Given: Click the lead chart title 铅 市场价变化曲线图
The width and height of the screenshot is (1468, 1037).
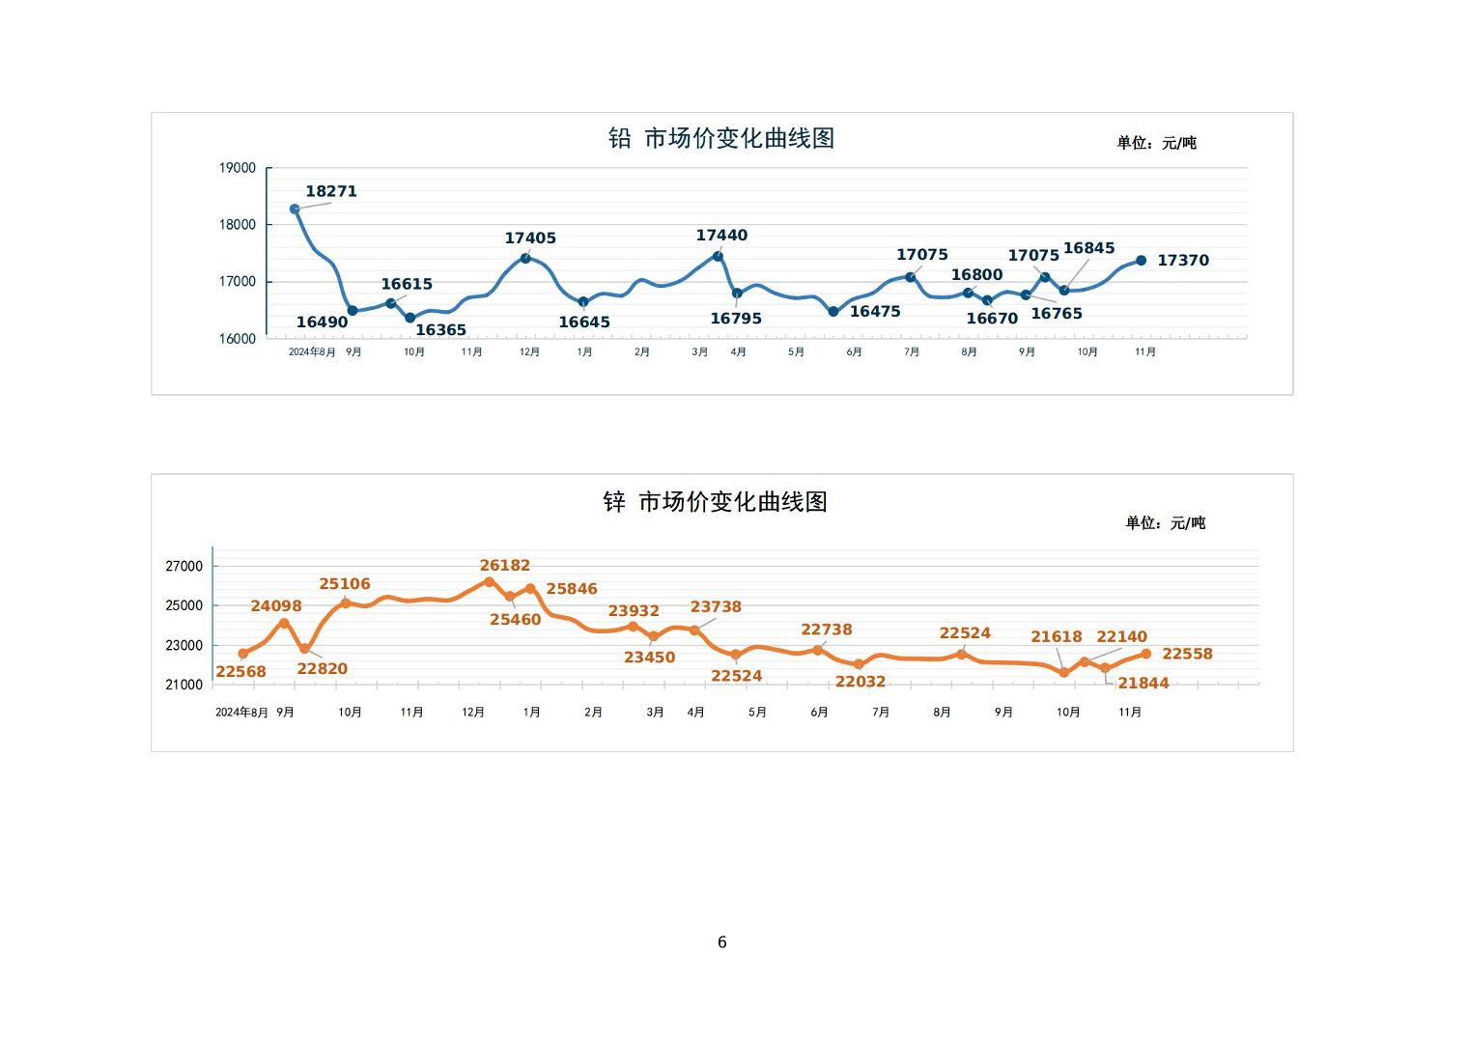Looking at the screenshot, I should [720, 138].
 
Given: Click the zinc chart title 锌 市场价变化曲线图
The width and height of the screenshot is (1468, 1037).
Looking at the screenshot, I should [715, 502].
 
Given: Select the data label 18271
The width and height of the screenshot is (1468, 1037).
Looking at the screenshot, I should [331, 191].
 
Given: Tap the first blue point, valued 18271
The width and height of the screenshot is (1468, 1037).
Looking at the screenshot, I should [295, 209].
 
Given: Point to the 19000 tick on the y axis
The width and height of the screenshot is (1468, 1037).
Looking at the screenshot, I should [238, 168].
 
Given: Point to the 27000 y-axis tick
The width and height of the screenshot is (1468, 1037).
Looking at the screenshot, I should [184, 567].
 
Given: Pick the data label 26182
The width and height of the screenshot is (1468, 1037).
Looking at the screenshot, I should [505, 566].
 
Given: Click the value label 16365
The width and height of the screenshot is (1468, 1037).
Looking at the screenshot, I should [440, 330].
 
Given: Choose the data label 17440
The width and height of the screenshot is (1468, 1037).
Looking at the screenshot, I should [721, 236].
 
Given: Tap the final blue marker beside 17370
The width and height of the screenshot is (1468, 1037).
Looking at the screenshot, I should [1141, 261].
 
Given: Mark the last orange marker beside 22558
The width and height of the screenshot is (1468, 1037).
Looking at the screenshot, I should [1146, 654].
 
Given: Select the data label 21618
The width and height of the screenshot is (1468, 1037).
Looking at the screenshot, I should [1057, 637].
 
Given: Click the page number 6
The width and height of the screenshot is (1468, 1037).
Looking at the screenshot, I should [722, 942].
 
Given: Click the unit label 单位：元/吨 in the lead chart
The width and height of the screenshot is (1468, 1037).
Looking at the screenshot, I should [1156, 143].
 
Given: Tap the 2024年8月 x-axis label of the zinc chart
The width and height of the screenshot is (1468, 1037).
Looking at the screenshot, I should [241, 713].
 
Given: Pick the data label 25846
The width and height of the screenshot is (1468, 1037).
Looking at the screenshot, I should [572, 589].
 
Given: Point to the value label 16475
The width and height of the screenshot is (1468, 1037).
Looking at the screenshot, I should [875, 312].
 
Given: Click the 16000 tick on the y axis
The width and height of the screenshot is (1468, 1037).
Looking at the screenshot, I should [238, 339].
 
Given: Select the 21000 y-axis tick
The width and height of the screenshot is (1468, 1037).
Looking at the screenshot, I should [184, 685].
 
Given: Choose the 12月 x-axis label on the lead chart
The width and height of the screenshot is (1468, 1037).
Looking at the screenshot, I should [529, 352].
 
